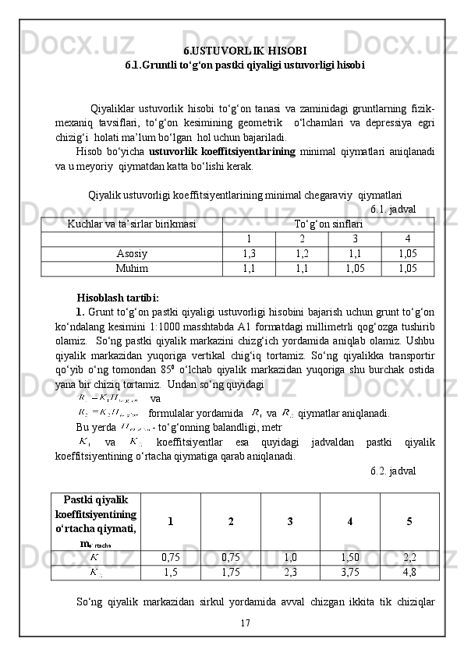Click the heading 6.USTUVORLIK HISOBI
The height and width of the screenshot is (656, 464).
click(x=244, y=51)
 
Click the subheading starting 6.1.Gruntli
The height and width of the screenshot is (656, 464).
click(x=244, y=65)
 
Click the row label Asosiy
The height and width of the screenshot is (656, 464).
click(x=131, y=253)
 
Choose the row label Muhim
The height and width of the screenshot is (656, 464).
click(x=131, y=268)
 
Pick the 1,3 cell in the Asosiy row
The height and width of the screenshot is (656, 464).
click(x=249, y=253)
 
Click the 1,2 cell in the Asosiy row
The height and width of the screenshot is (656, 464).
click(x=302, y=253)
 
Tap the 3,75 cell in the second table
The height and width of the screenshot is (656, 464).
click(x=349, y=573)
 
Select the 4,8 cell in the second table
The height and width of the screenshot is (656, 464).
click(x=409, y=573)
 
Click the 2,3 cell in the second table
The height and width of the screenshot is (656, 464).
click(x=290, y=573)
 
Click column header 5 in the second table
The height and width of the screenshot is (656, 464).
click(x=409, y=520)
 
